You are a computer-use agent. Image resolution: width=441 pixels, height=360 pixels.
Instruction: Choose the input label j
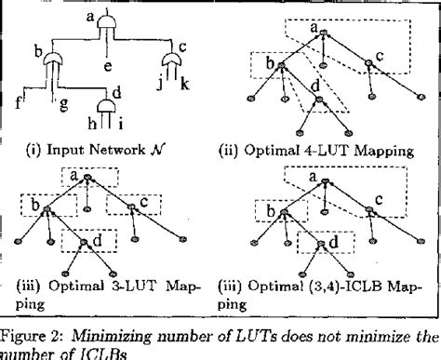click(x=159, y=89)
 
